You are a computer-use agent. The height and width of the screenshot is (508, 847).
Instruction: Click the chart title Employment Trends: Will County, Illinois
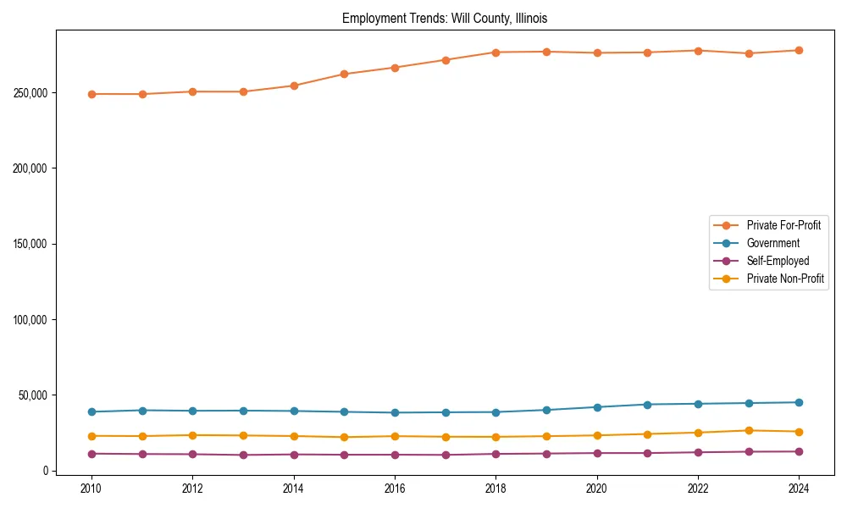(x=445, y=18)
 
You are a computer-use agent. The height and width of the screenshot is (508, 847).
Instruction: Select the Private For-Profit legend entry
(x=783, y=225)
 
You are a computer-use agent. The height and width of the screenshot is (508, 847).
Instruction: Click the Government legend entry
(x=772, y=243)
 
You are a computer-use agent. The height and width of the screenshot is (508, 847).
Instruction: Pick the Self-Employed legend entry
(x=778, y=261)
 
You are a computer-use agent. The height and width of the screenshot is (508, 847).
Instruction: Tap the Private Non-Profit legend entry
(x=785, y=279)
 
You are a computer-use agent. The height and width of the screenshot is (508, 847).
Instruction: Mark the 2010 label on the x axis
(x=91, y=489)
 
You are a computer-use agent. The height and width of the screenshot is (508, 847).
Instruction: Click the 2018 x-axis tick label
(x=496, y=489)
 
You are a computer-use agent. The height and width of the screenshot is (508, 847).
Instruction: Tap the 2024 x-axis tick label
(x=799, y=489)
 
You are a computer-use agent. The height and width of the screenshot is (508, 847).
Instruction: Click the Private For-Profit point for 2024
(x=799, y=51)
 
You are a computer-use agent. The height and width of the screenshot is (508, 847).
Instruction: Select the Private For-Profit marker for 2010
(x=91, y=94)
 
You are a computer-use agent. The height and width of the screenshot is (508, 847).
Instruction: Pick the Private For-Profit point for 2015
(x=344, y=74)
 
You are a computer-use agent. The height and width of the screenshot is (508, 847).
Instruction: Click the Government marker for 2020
(x=597, y=407)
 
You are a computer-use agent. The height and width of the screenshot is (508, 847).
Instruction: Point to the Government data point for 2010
(x=91, y=412)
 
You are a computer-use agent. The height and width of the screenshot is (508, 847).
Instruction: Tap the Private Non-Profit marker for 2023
(x=749, y=431)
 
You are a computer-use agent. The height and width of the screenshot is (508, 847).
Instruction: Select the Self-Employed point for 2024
(x=799, y=451)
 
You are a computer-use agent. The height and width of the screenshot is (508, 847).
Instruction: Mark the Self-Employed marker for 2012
(x=192, y=455)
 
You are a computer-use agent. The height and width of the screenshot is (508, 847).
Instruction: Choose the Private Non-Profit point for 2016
(x=395, y=436)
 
